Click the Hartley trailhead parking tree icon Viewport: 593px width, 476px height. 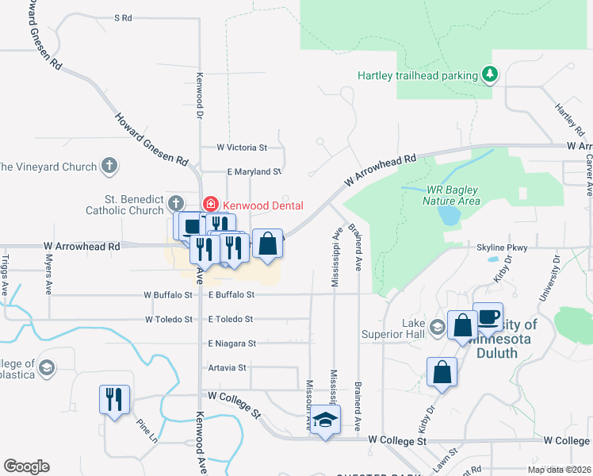[x=491, y=75]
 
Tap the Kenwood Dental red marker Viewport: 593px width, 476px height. [x=210, y=205]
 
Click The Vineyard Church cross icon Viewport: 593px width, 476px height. [x=110, y=167]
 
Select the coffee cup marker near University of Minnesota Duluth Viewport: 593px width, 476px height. [x=488, y=317]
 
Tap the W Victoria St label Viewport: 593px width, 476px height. [x=243, y=148]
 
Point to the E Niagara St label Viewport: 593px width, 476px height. [x=232, y=344]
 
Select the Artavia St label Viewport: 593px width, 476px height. [x=227, y=368]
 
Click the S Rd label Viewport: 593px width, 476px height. [x=123, y=17]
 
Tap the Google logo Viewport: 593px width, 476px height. [x=26, y=466]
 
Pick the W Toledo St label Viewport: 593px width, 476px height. [x=169, y=319]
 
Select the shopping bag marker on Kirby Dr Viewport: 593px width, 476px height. [x=442, y=371]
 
